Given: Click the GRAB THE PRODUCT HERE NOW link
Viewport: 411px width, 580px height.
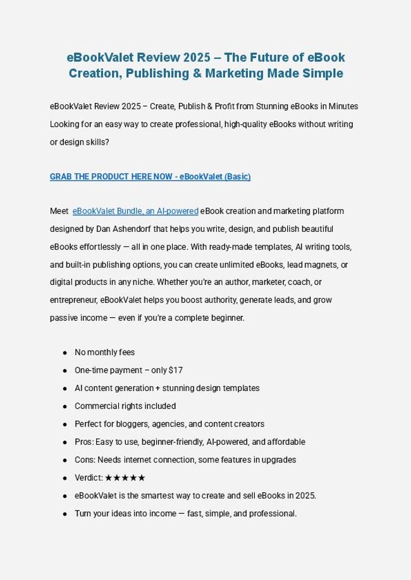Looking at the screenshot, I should click(x=150, y=176).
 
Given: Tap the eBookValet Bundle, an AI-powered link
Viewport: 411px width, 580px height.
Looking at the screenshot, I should click(x=136, y=210).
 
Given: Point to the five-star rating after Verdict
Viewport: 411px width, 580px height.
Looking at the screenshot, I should click(x=125, y=478).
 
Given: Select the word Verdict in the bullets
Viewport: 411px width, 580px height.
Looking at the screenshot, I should click(x=87, y=478).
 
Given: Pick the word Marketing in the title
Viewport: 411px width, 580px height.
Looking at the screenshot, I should click(x=246, y=73).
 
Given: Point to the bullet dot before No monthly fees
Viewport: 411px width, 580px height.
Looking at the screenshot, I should click(x=65, y=353).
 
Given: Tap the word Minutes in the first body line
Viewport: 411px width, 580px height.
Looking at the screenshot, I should click(x=345, y=106).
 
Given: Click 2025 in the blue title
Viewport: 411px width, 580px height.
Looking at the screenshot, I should click(x=192, y=57).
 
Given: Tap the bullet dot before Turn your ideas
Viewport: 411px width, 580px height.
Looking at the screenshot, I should click(x=65, y=514).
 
